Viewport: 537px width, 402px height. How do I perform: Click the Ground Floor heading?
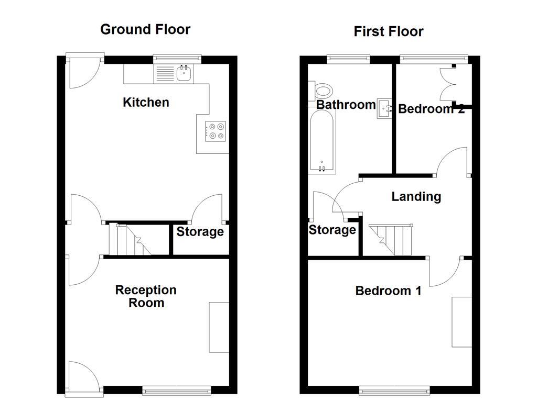point(145,29)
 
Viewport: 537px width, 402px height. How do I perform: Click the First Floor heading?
point(388,31)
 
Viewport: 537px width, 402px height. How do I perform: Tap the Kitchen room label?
point(146,102)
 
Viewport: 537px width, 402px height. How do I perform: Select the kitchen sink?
point(184,74)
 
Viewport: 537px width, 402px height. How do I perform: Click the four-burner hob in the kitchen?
point(216,131)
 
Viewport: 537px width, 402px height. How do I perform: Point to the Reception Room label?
point(146,296)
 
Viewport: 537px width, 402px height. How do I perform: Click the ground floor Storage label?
point(200,231)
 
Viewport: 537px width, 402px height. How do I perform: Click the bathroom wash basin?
point(385,108)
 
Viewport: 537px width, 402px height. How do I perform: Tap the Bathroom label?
point(346,105)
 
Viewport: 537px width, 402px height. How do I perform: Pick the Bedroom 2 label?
point(431,109)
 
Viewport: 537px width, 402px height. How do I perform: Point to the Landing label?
point(416,196)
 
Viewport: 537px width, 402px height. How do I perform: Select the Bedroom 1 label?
point(388,291)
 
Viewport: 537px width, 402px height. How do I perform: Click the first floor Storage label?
point(332,230)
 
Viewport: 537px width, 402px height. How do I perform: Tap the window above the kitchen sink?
point(177,58)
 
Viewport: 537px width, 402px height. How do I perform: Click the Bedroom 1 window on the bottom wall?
point(394,389)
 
